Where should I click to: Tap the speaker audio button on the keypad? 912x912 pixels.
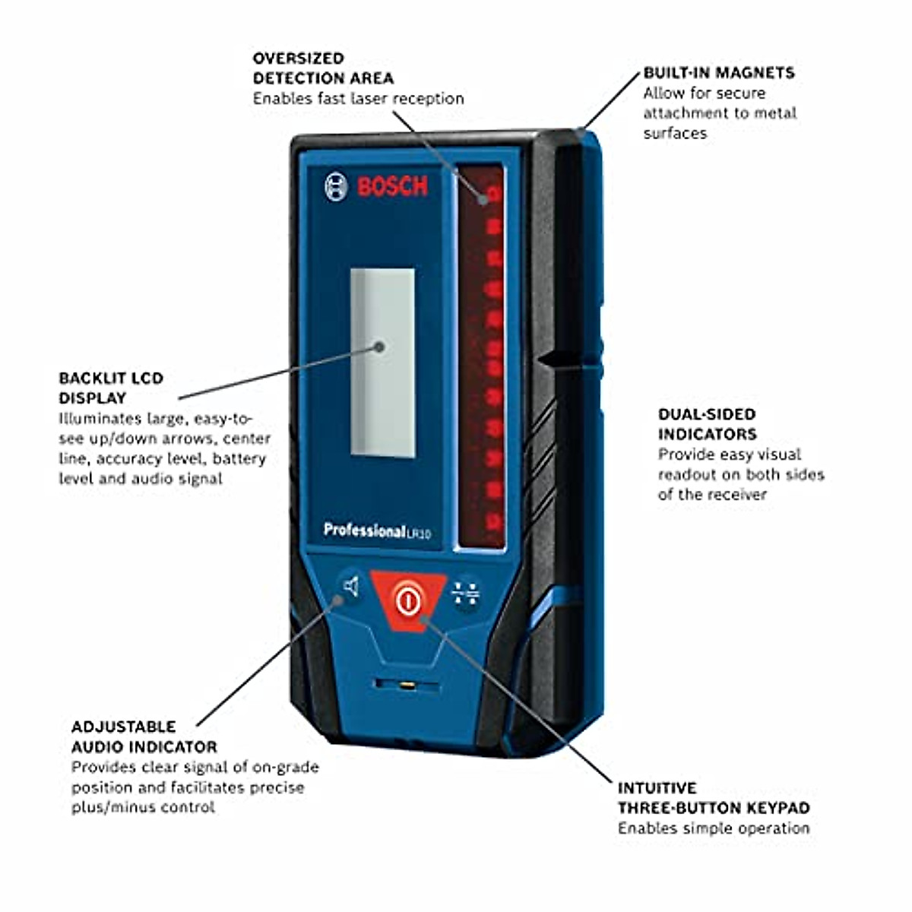(350, 587)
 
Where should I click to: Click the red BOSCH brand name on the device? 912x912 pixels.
(393, 186)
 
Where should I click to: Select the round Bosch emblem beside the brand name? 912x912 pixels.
(336, 186)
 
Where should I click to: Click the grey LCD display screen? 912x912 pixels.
(382, 363)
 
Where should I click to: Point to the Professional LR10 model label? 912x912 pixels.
(377, 530)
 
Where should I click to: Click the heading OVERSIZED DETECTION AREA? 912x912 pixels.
(323, 68)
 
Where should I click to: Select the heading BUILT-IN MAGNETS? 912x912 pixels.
(718, 73)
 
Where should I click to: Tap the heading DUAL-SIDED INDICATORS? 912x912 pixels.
(707, 424)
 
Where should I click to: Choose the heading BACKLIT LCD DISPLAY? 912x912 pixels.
(111, 388)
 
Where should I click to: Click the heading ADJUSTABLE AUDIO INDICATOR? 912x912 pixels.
(144, 736)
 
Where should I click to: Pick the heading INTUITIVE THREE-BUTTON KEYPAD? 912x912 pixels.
(713, 798)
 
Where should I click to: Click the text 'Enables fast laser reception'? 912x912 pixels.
(358, 99)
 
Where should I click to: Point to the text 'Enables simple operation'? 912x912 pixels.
(713, 828)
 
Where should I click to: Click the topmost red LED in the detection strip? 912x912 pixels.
(493, 194)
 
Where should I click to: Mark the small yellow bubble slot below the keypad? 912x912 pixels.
(407, 686)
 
